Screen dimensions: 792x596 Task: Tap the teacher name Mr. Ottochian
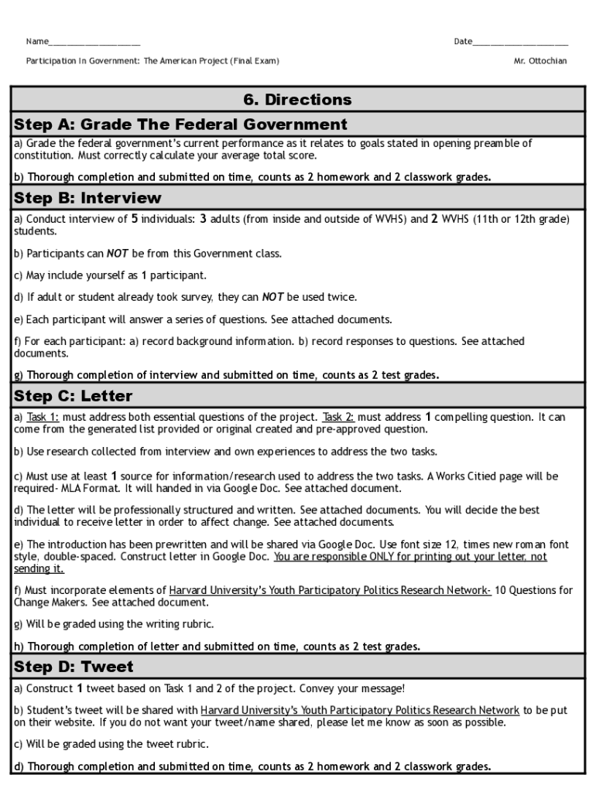tap(540, 61)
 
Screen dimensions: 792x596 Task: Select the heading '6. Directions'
tap(298, 100)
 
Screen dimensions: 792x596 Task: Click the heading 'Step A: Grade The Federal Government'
tap(180, 125)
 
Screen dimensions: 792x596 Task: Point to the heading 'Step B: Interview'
tap(87, 198)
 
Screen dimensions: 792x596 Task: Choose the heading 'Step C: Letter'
tap(74, 396)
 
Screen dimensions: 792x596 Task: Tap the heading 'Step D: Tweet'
tap(74, 667)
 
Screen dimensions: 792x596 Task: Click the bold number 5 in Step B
tap(135, 219)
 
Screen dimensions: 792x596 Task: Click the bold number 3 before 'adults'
tap(204, 219)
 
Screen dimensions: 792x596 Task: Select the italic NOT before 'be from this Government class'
tap(118, 253)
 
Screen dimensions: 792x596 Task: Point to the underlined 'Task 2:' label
tap(339, 417)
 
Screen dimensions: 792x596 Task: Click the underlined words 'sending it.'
tap(39, 568)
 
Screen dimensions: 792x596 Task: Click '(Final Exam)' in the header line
tap(254, 61)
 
